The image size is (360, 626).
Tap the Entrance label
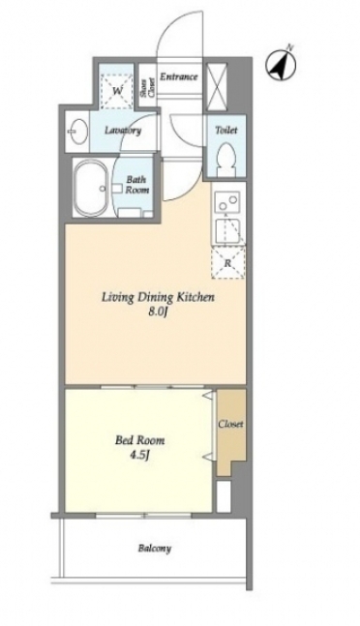point(179,76)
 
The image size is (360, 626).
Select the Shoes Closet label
point(147,87)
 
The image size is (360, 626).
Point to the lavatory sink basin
point(76,131)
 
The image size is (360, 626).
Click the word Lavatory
point(123,131)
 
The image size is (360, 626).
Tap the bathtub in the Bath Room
point(92,188)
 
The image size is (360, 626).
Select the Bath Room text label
point(136,185)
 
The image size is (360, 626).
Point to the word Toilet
point(225,131)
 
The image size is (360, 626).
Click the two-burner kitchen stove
point(227,201)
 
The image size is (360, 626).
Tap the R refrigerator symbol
point(227,263)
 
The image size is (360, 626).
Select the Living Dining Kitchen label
point(159,297)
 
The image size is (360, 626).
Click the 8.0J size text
point(157,312)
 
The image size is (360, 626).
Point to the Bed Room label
point(139,441)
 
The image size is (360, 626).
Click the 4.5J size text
point(139,455)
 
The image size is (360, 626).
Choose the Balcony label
point(155,549)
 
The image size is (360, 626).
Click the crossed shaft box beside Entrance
point(217,86)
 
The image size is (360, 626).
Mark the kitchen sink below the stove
point(227,231)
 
